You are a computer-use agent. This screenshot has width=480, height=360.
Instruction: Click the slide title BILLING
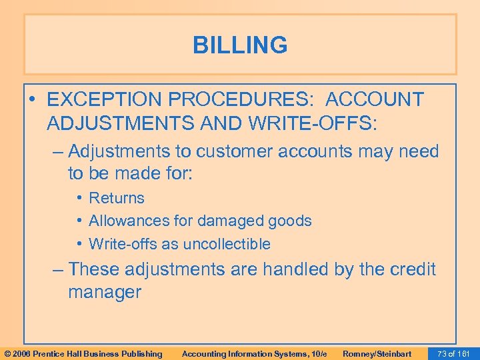[240, 45]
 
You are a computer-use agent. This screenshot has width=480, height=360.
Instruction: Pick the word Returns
[117, 198]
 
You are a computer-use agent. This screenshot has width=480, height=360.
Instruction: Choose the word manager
[105, 292]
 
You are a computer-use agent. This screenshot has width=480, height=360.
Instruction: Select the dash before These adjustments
[59, 269]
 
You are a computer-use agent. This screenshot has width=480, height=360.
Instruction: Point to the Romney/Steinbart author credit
[377, 353]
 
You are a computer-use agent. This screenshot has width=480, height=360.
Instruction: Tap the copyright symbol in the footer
[7, 353]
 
